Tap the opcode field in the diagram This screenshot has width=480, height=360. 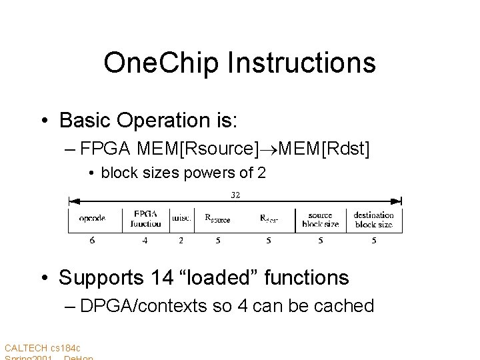92,219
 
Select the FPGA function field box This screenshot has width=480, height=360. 145,219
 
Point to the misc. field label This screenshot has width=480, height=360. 181,219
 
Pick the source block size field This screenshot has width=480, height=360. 320,219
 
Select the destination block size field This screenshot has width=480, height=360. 373,219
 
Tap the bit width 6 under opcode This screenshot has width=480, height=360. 92,240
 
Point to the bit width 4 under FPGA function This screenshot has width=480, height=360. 145,240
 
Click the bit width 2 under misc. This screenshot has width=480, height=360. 181,240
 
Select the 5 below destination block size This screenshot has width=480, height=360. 373,240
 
